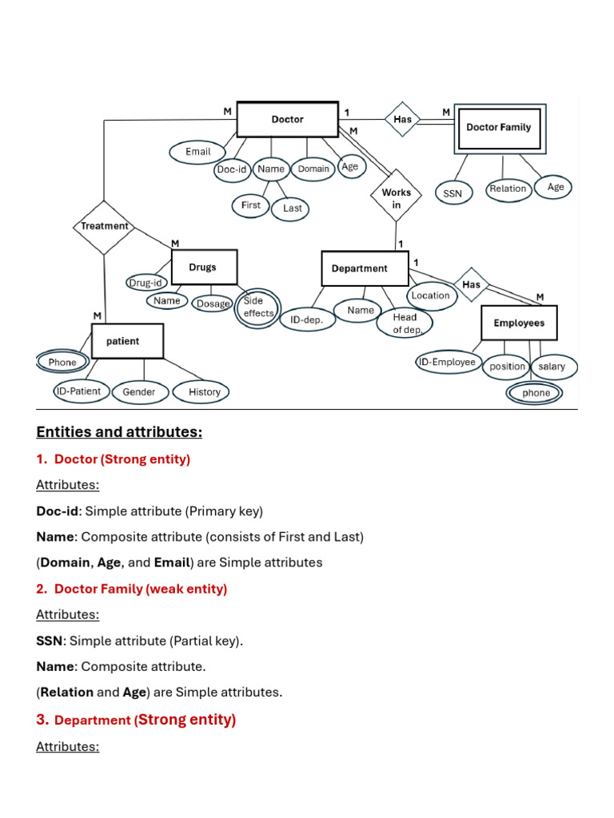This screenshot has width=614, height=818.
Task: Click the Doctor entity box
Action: coord(287,120)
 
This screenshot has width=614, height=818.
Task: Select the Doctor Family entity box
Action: coord(499,127)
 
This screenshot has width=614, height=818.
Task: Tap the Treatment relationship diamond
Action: coord(105,226)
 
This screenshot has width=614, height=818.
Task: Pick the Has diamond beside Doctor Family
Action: coord(403,120)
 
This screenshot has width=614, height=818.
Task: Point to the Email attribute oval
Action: coord(198,152)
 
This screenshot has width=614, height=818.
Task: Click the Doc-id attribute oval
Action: coord(232,169)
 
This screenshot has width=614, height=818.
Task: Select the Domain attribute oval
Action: coord(313,169)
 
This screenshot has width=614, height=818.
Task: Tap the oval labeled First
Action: coord(251,205)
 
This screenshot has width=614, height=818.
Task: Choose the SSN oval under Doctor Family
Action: coord(453,193)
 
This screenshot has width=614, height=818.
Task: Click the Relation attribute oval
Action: coord(508,189)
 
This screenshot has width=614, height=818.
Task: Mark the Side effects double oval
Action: coord(257,308)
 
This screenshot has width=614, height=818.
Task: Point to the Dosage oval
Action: coord(213,304)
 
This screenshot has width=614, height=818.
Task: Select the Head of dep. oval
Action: coord(405,323)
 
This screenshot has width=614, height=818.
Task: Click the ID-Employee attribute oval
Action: coord(448,363)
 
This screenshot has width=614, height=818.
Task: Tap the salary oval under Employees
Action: coord(552,367)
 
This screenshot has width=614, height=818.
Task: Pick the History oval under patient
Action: coord(205,391)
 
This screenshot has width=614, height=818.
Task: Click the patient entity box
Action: coord(127,341)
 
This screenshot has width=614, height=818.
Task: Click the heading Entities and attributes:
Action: coord(119,432)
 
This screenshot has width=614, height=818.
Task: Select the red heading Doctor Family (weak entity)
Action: coord(141,589)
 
